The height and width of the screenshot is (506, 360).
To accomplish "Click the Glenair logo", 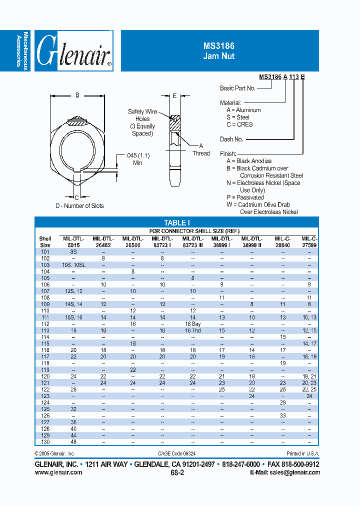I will point(74,50).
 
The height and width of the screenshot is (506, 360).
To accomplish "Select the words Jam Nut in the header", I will point(218,56).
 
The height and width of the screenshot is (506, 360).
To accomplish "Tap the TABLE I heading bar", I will point(176,222).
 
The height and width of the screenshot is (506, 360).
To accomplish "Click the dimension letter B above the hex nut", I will point(77,94).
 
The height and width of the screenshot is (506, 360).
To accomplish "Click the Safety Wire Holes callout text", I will point(142,122).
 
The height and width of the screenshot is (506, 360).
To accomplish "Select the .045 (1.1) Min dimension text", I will point(137,159).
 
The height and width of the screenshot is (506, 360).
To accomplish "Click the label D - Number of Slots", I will point(79,206).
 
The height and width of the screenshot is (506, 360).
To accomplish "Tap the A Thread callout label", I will point(201,149).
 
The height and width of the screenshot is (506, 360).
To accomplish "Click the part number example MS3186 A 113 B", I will point(282,77).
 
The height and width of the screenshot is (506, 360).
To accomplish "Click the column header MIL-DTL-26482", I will point(103,241).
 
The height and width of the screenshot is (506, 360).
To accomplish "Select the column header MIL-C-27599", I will point(309,241).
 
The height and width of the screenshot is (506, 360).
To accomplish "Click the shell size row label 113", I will point(45,330).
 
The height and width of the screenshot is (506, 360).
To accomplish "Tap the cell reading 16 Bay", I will point(192,323).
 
